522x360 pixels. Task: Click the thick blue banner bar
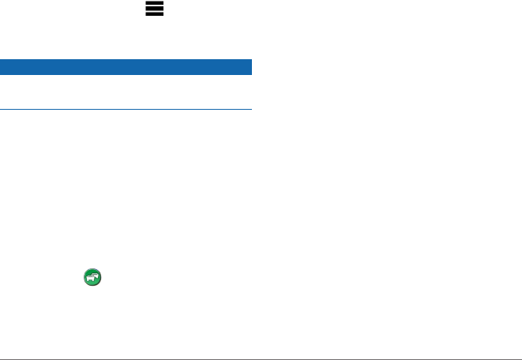coord(126,66)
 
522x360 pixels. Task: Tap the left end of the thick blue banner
coord(3,66)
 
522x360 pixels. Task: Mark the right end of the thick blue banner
coord(249,66)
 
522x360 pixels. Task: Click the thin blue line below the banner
coord(126,109)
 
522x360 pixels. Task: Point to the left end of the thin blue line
coord(2,109)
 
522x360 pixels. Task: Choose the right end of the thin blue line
coord(250,109)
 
